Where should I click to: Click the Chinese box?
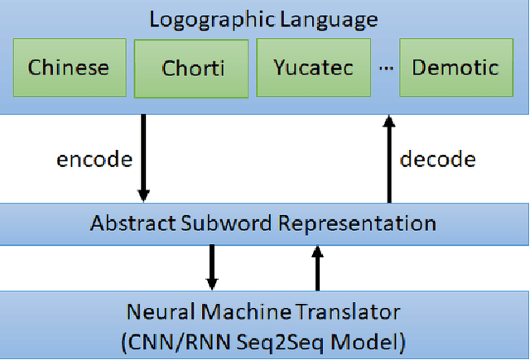click(70, 67)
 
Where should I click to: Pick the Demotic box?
click(455, 67)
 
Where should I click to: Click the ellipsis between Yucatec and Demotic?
click(385, 68)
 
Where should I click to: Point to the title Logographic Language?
click(263, 19)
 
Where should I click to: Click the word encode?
click(94, 159)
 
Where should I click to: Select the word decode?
click(438, 159)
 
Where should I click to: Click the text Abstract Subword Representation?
click(263, 223)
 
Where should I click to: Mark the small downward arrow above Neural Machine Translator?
click(213, 265)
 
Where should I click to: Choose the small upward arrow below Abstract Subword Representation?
click(316, 265)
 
